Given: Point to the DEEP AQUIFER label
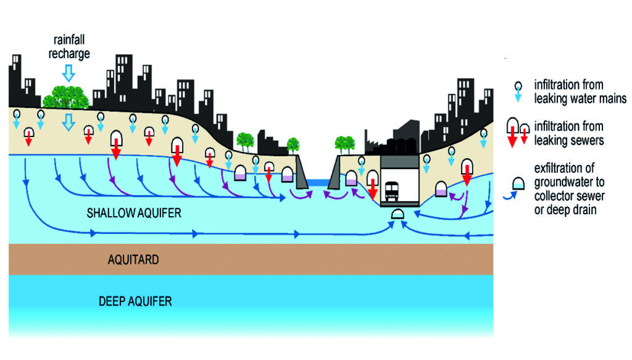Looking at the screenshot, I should point(135,302).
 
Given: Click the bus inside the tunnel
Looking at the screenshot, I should point(392,191).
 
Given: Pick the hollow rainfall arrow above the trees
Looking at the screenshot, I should point(69,74).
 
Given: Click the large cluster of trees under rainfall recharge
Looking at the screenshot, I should point(65,97).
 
